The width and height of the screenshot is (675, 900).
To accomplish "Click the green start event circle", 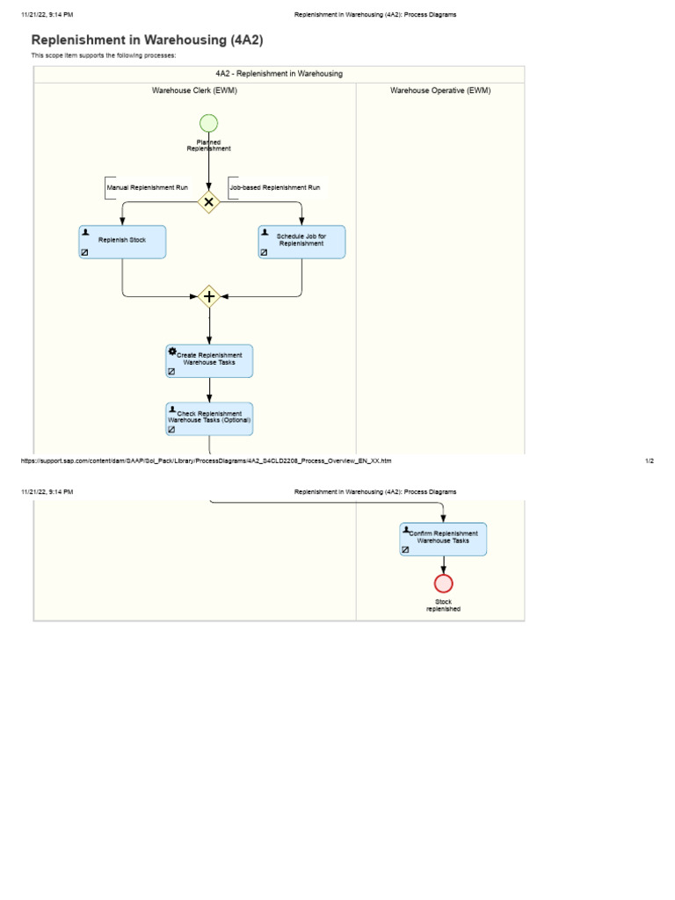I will [x=209, y=123].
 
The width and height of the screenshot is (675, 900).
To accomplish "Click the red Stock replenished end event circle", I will [x=444, y=584].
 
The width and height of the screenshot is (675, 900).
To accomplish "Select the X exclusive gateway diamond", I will [x=209, y=201].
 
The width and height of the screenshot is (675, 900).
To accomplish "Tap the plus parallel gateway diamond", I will [x=209, y=296].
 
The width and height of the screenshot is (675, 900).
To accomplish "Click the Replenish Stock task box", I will [x=122, y=241].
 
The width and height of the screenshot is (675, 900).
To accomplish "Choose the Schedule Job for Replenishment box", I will [x=301, y=241].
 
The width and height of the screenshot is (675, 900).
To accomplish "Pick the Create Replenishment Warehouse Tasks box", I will [x=209, y=360].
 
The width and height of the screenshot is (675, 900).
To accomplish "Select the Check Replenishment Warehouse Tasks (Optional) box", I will [x=209, y=418].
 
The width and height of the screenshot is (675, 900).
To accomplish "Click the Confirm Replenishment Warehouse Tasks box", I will [x=443, y=539].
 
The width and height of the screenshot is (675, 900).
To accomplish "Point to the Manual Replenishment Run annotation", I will [x=147, y=188].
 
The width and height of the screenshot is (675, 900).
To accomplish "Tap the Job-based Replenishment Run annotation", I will [x=274, y=188].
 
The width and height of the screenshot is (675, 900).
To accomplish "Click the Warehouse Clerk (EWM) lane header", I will [x=194, y=91].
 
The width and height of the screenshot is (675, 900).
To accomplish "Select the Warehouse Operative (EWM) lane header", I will [x=440, y=91].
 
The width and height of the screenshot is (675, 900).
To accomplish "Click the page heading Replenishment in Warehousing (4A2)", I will [x=147, y=40].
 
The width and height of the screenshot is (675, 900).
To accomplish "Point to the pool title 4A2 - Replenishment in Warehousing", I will [x=279, y=74].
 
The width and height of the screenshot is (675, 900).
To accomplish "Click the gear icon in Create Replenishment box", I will [x=172, y=352].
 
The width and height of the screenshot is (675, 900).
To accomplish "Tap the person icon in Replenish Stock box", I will [x=85, y=232].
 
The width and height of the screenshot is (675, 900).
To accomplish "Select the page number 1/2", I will [x=649, y=461].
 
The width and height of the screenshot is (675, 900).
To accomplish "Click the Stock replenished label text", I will [x=443, y=606].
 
